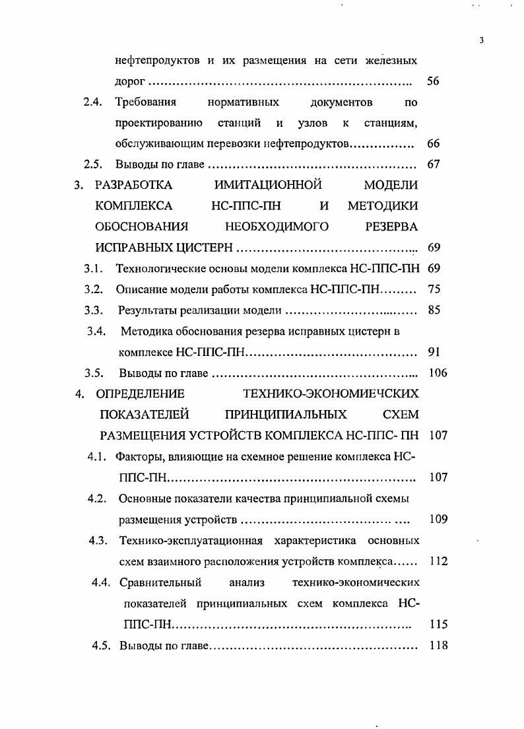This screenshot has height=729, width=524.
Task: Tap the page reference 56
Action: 434,82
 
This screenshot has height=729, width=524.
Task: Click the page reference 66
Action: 434,144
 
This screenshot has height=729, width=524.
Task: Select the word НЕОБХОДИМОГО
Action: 277,226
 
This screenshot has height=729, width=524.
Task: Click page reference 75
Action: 434,289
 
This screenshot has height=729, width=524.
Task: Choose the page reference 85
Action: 434,310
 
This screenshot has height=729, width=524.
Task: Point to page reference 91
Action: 434,351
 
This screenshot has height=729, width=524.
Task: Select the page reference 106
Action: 438,372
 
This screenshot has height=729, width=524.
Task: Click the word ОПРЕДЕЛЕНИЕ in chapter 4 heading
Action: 140,394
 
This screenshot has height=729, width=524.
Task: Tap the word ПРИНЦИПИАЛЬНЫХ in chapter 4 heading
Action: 286,415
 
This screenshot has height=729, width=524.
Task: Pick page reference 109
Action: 438,518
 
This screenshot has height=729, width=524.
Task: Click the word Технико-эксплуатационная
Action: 191,541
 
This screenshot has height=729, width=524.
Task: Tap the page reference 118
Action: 438,644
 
